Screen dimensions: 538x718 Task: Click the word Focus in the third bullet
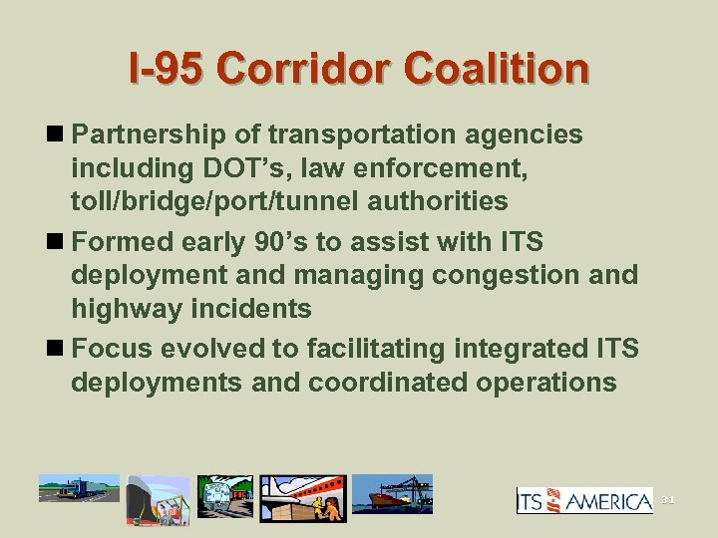pos(117,348)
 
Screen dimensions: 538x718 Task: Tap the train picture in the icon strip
pos(225,495)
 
